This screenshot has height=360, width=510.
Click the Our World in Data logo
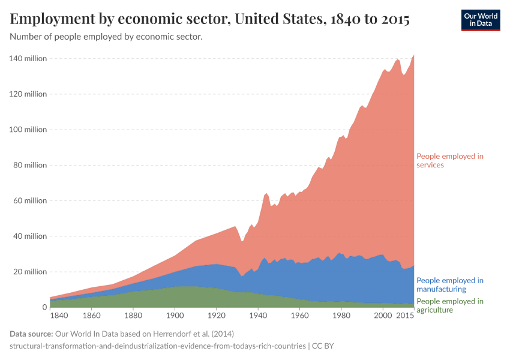click(x=480, y=20)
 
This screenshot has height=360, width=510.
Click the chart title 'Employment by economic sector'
click(x=209, y=19)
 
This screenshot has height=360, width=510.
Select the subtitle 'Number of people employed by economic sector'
click(x=106, y=37)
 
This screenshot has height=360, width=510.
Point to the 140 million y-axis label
click(x=28, y=58)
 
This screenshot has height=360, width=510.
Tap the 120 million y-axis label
click(x=28, y=94)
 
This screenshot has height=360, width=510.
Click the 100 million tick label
click(x=28, y=130)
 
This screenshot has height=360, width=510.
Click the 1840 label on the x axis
click(x=59, y=315)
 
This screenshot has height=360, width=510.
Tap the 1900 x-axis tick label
click(x=175, y=315)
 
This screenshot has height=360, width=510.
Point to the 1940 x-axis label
click(x=258, y=315)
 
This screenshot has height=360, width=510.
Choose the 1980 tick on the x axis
click(x=341, y=315)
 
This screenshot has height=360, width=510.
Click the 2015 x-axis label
click(x=406, y=315)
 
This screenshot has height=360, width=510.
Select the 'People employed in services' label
click(x=450, y=160)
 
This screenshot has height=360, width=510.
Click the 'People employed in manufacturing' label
click(x=450, y=284)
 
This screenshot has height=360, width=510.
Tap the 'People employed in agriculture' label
click(x=450, y=305)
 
